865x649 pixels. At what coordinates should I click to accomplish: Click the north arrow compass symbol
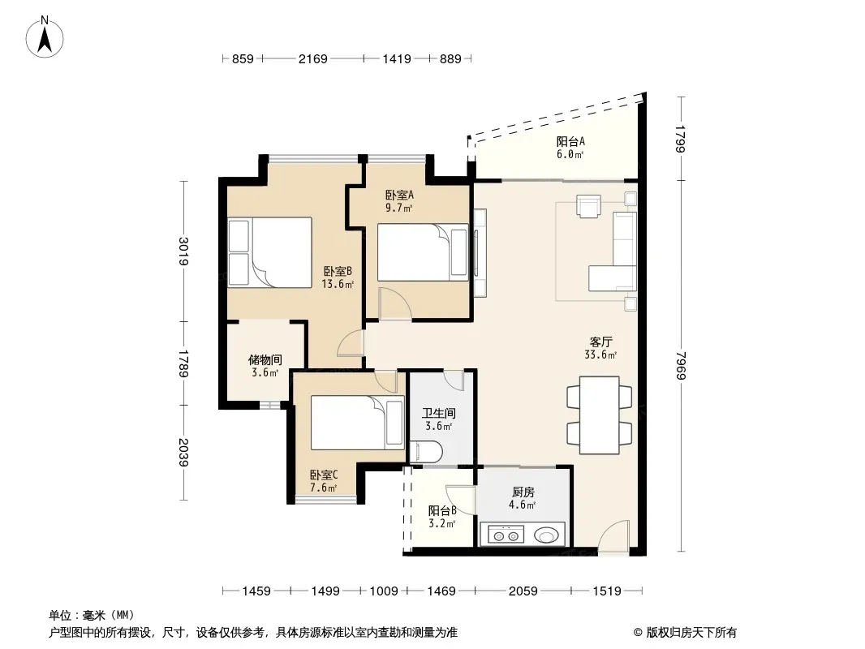point(45,37)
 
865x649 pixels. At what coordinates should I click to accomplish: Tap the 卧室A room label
point(399,196)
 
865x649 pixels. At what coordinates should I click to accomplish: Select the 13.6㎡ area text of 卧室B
point(338,285)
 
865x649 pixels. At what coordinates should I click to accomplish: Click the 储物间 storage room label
point(265,360)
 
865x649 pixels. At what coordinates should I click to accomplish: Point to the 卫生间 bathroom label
point(439,413)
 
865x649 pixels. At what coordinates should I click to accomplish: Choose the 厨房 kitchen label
point(523,492)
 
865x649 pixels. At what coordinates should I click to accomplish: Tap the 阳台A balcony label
point(570,142)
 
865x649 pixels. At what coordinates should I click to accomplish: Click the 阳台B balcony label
point(442,510)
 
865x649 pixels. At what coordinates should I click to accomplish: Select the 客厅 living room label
point(600,342)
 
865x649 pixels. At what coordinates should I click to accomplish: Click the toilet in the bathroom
point(426,452)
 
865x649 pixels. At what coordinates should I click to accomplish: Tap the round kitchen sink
point(546,535)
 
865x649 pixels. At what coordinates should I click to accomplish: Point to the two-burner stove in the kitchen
point(506,535)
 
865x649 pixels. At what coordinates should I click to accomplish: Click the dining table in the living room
point(600,415)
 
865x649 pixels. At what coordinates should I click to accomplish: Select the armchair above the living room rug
point(588,206)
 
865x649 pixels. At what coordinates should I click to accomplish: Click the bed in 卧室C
point(358,423)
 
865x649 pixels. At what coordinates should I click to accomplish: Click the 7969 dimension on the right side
point(682,365)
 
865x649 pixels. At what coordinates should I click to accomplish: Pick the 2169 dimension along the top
point(312,58)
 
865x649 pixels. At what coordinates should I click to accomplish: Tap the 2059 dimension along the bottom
point(523,591)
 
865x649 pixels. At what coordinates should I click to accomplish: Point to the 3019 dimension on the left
point(183,251)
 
